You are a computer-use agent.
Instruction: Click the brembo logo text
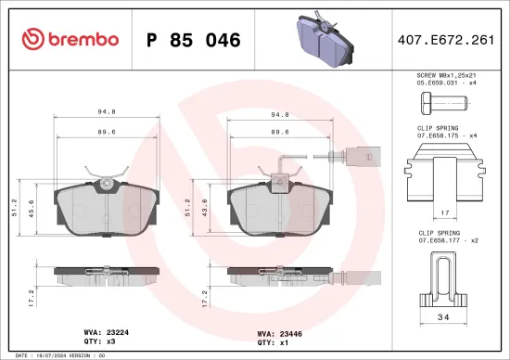pos(70,39)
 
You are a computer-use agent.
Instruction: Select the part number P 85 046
pos(195,40)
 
